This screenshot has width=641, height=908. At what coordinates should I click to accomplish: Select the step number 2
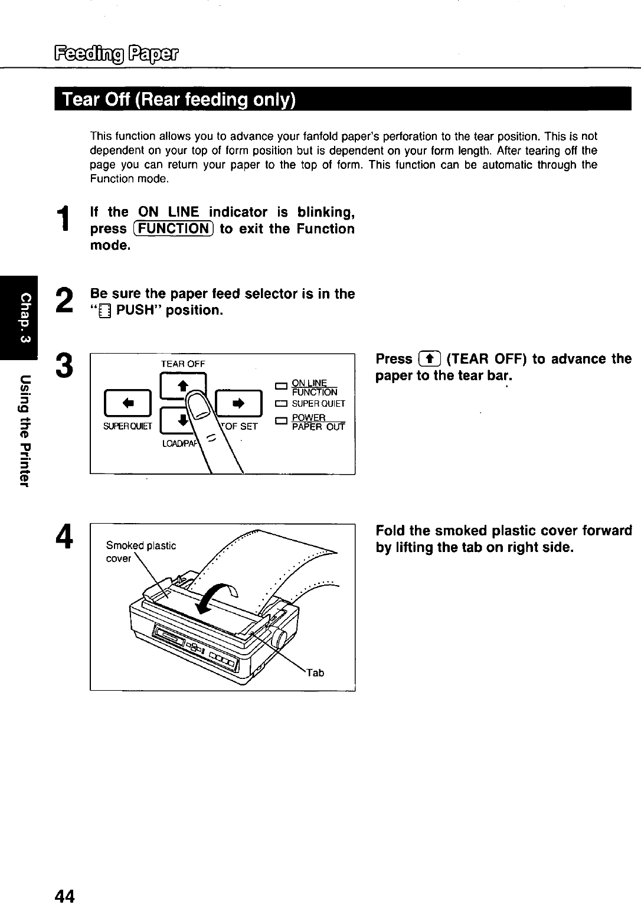coord(64,301)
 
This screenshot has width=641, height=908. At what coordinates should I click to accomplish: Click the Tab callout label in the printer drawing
coord(315,672)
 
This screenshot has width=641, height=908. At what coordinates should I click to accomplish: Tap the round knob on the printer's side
coord(279,639)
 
